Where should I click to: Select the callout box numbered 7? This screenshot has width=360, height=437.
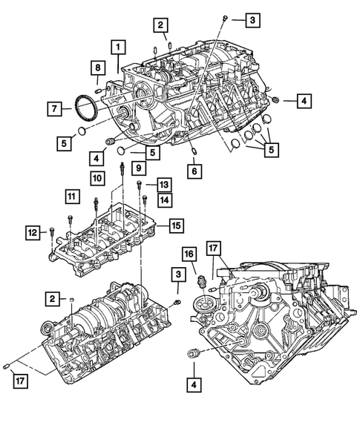56,109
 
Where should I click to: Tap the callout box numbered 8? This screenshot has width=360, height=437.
97,68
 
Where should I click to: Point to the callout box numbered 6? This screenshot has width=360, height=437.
194,171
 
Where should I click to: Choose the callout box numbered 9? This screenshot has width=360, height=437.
139,169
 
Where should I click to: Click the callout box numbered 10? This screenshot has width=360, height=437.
97,177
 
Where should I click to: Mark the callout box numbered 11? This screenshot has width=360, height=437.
71,197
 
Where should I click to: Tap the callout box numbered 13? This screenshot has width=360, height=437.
164,184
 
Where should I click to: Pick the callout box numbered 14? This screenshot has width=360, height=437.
164,199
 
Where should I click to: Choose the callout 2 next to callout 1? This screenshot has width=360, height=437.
160,26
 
